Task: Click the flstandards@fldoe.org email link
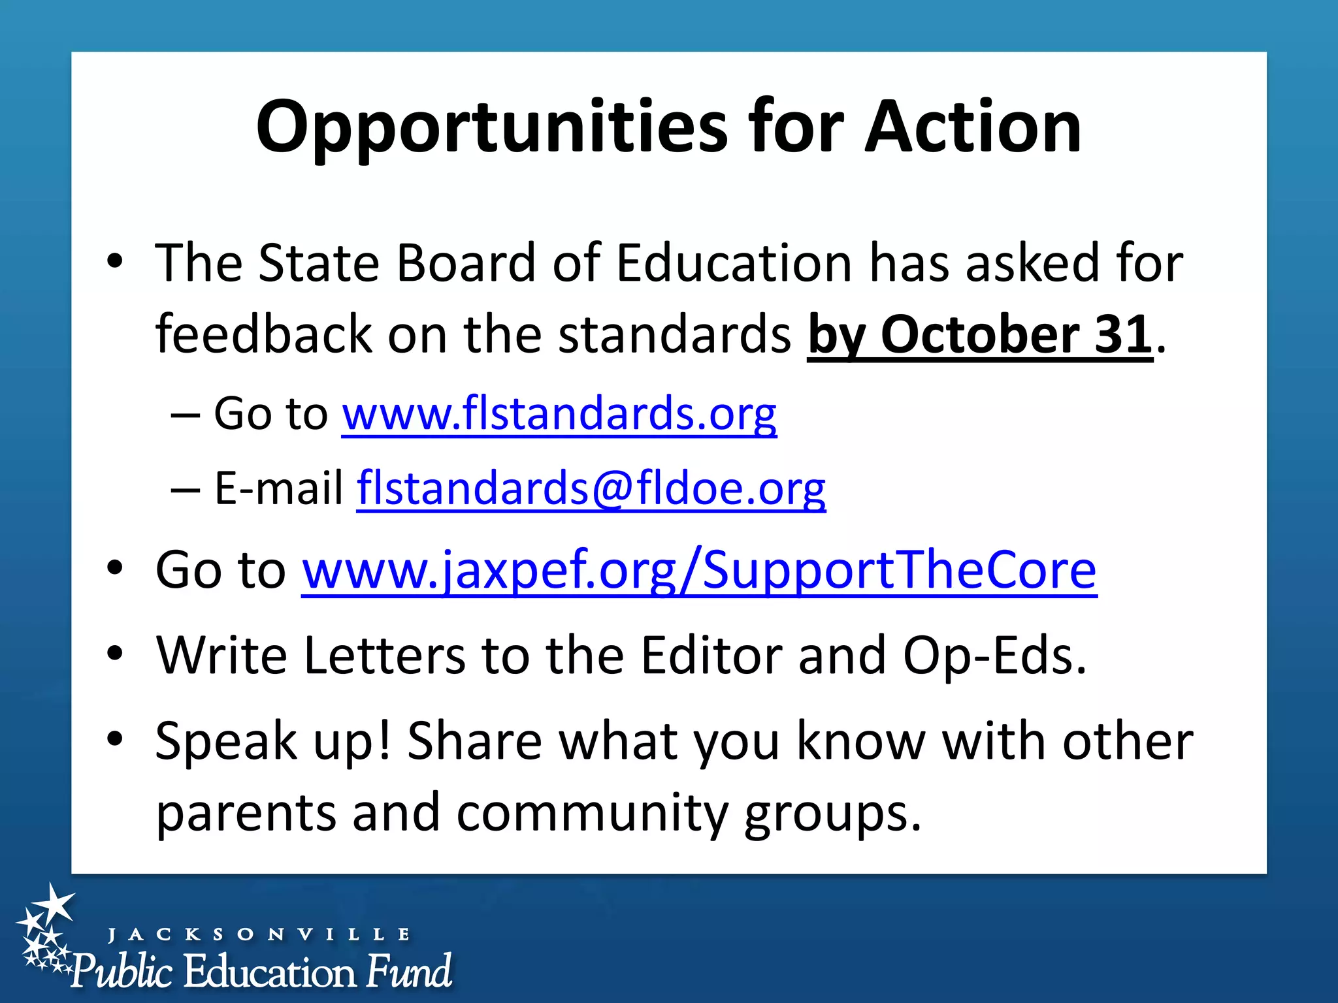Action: [591, 488]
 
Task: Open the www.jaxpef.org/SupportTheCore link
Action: [699, 570]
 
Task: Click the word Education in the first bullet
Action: [734, 263]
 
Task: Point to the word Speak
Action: [226, 742]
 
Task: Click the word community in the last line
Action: [592, 814]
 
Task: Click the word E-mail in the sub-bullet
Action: [279, 488]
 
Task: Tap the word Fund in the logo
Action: [408, 971]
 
